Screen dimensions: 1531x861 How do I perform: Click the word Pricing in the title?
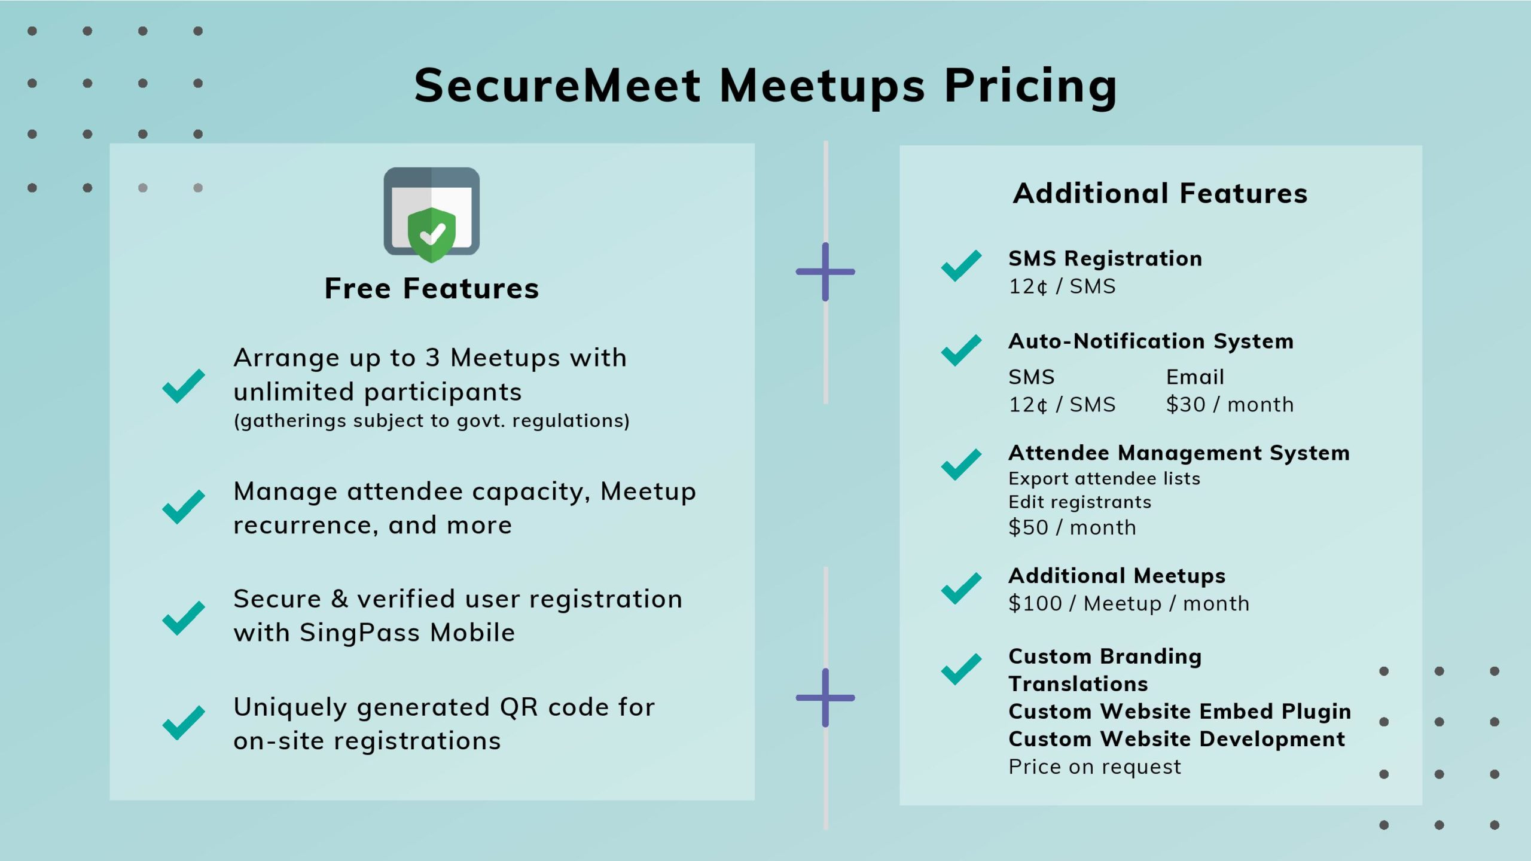tap(1030, 87)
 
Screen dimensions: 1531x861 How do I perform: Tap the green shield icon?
tap(431, 234)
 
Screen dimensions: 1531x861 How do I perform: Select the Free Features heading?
tap(431, 288)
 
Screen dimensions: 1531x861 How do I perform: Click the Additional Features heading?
tap(1160, 193)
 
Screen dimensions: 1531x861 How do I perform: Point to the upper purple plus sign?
tap(825, 271)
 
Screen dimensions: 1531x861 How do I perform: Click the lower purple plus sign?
tap(825, 697)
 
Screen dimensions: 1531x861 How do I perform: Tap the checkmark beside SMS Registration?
tap(961, 265)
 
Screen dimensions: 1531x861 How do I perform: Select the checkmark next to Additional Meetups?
tap(961, 588)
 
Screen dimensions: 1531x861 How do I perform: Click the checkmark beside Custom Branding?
tap(961, 669)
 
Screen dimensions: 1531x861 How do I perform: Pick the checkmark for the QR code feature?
tap(184, 723)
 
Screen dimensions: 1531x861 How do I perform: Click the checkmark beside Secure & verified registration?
tap(184, 618)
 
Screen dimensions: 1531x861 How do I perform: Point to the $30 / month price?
tap(1230, 405)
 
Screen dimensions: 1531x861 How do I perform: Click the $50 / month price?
tap(1072, 527)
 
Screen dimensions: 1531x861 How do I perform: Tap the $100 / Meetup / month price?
tap(1129, 603)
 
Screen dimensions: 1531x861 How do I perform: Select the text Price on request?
tap(1094, 767)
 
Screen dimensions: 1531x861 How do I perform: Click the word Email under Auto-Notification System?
tap(1195, 377)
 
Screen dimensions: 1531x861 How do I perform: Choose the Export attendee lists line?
tap(1104, 478)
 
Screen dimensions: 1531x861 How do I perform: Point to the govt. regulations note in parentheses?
tap(431, 421)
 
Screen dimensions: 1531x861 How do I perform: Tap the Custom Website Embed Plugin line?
tap(1179, 712)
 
